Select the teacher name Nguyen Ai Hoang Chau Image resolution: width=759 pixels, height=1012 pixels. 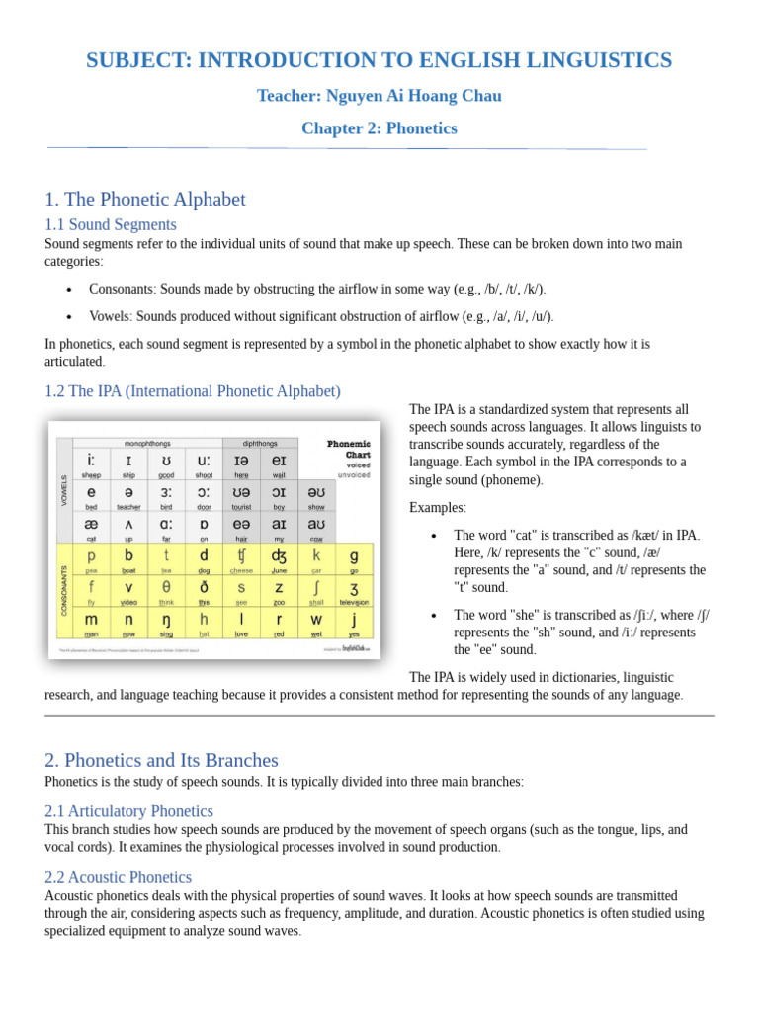(379, 96)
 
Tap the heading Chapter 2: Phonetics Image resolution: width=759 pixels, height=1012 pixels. (379, 128)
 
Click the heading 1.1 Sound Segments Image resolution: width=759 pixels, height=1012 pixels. (111, 224)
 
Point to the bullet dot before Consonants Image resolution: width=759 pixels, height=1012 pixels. (68, 290)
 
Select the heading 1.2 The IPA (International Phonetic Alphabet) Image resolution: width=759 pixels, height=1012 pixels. (193, 390)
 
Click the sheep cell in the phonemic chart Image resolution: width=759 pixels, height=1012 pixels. (91, 464)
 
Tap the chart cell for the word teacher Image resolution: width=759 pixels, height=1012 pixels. (128, 497)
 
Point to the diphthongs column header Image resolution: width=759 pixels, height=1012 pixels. (260, 443)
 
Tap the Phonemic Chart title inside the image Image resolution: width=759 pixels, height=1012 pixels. (350, 450)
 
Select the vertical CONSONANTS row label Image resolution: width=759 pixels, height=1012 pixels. (65, 591)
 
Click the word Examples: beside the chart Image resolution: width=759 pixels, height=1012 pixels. (438, 507)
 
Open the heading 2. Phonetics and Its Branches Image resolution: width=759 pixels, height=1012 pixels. (161, 760)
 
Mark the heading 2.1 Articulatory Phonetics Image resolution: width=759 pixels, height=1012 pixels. (128, 811)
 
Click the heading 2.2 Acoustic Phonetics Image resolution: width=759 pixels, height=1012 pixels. (119, 877)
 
